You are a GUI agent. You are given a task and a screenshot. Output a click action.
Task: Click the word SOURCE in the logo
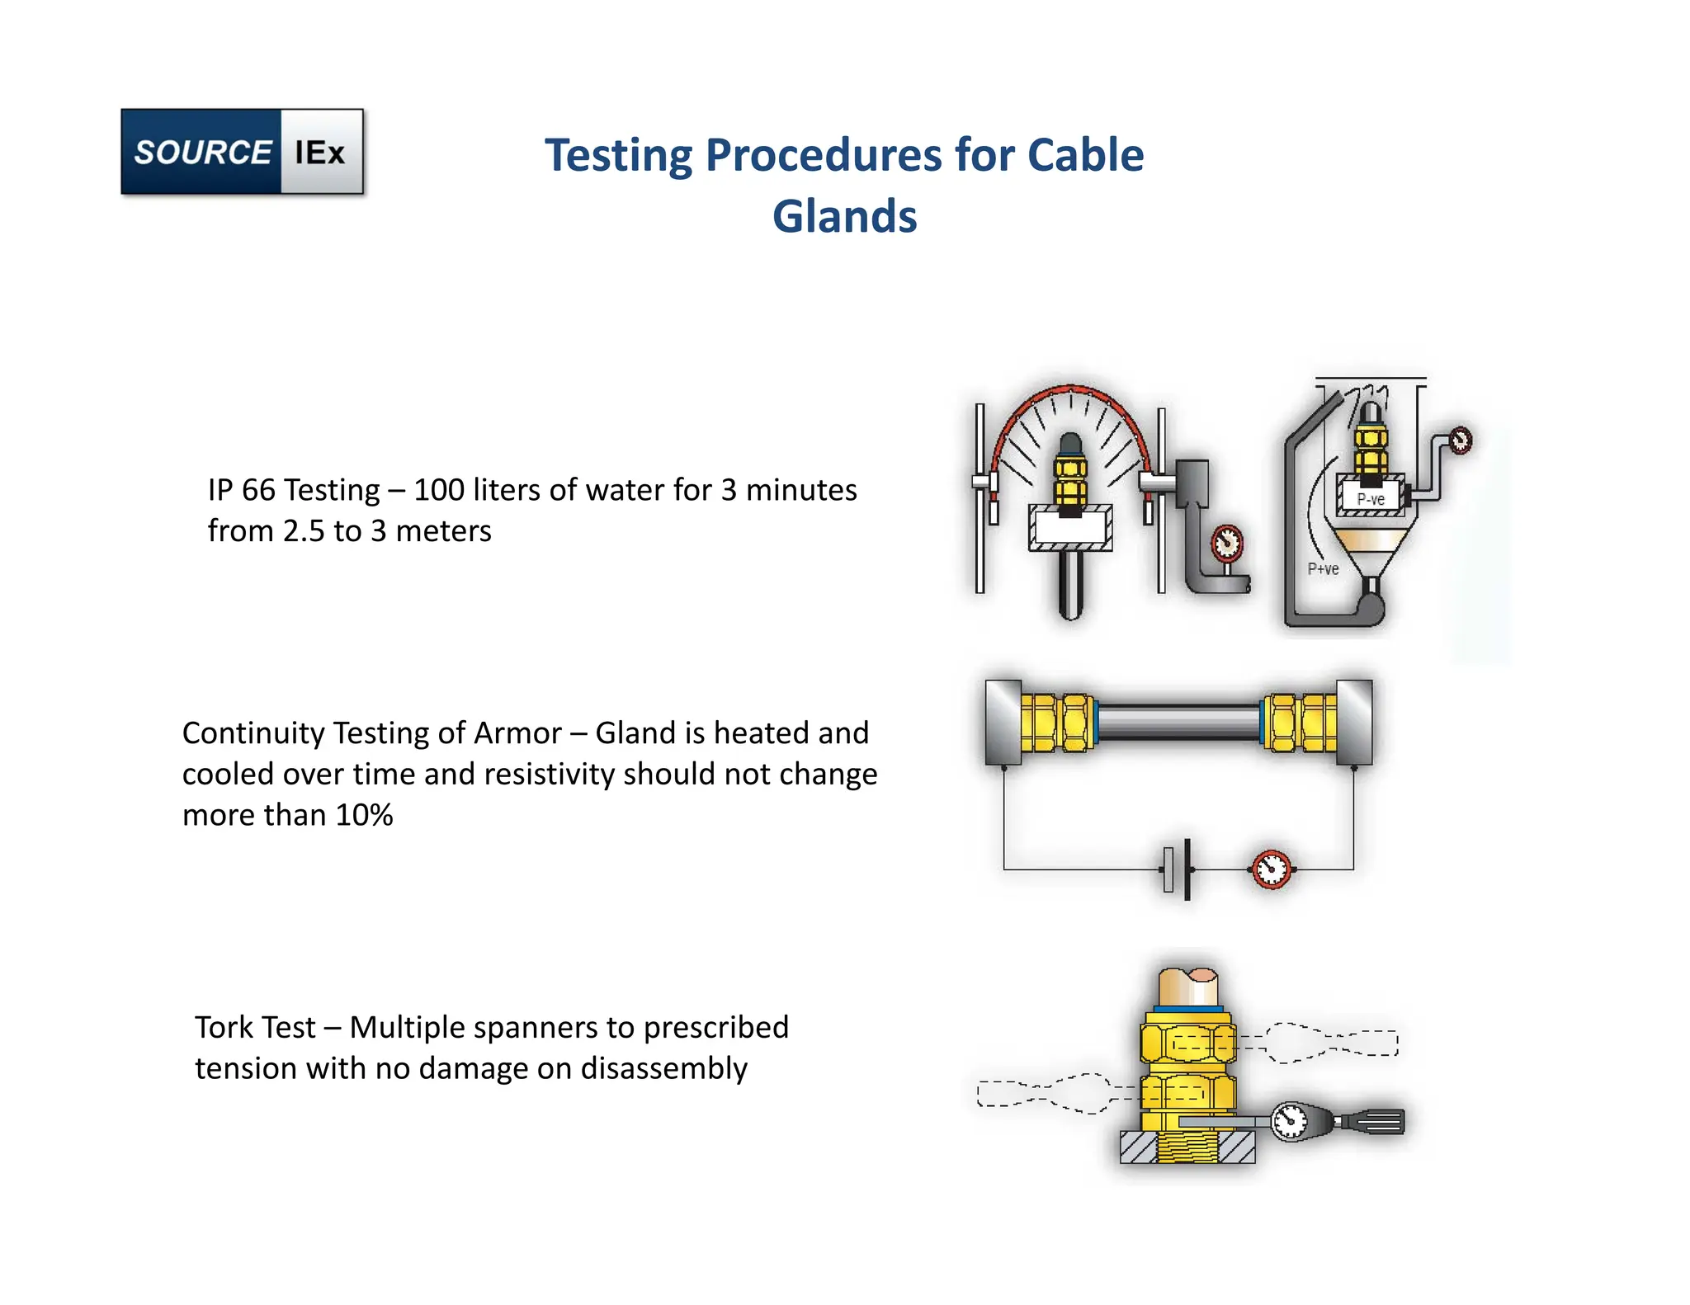click(x=202, y=153)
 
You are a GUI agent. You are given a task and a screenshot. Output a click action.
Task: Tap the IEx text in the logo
click(x=319, y=153)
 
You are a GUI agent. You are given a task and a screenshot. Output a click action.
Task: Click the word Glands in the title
click(x=844, y=216)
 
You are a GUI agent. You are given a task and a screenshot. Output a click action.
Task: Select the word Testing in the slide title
click(x=619, y=155)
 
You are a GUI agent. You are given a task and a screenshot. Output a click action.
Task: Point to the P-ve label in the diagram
click(x=1371, y=499)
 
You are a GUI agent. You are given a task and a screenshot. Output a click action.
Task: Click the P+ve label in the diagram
click(x=1323, y=568)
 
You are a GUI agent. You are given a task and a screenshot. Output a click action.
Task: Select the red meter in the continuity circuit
click(x=1272, y=869)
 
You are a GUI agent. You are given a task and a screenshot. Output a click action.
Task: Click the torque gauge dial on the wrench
click(x=1289, y=1121)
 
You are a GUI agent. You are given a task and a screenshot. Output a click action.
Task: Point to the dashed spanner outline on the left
click(x=1044, y=1093)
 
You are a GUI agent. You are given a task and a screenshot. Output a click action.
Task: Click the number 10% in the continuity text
click(x=364, y=815)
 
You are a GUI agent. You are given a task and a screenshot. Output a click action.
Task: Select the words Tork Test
click(x=255, y=1028)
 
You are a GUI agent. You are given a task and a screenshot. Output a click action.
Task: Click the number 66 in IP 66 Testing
click(x=258, y=490)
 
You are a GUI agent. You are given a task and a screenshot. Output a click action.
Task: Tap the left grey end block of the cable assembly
click(x=1003, y=722)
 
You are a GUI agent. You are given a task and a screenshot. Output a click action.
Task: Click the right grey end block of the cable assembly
click(x=1354, y=722)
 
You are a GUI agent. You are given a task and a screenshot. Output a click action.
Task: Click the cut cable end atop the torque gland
click(x=1188, y=985)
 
